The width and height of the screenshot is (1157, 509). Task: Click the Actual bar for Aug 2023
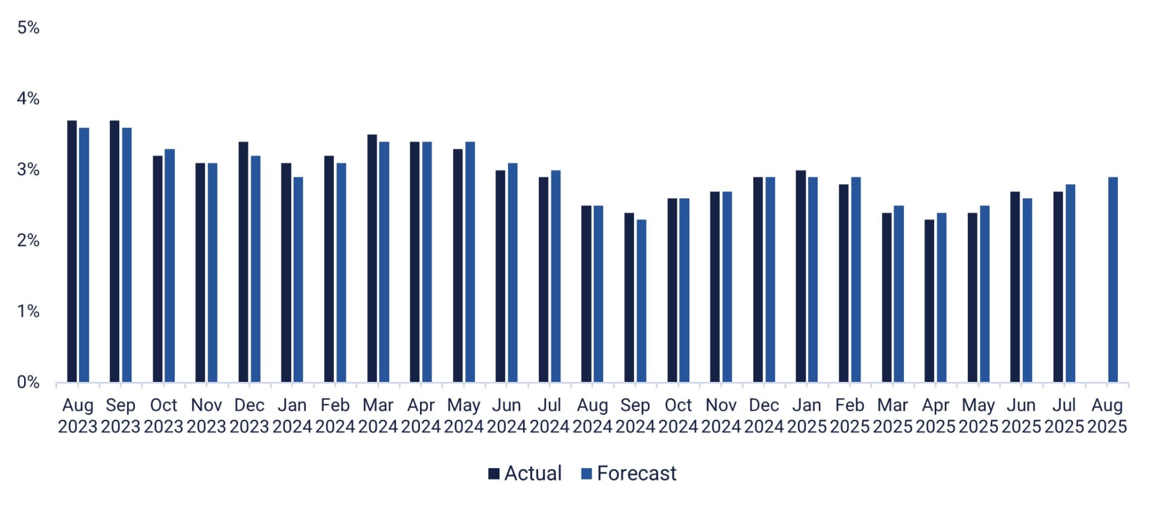72,251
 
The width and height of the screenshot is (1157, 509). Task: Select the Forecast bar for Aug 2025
1113,279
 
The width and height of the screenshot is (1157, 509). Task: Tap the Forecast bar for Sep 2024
641,301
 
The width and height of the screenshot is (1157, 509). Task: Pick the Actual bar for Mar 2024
372,258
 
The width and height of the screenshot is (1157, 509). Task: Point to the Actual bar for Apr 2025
929,301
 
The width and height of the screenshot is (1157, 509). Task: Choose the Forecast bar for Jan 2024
298,279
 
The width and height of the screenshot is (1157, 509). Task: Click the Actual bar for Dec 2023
243,262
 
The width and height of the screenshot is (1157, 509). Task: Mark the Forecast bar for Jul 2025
1070,283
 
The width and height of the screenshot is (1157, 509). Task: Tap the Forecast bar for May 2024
470,262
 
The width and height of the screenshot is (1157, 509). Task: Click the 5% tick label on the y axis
28,28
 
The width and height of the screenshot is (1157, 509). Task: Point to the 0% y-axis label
28,382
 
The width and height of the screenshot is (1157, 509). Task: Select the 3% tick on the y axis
28,169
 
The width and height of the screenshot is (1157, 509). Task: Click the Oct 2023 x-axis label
163,416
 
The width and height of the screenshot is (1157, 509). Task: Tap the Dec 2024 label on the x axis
763,416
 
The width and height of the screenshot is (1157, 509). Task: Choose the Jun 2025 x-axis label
1021,416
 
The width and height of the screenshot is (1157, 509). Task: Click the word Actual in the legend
533,473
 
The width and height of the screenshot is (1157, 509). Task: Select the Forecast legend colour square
586,474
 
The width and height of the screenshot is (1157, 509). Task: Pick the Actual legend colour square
494,474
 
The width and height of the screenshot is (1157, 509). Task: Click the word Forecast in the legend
636,473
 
